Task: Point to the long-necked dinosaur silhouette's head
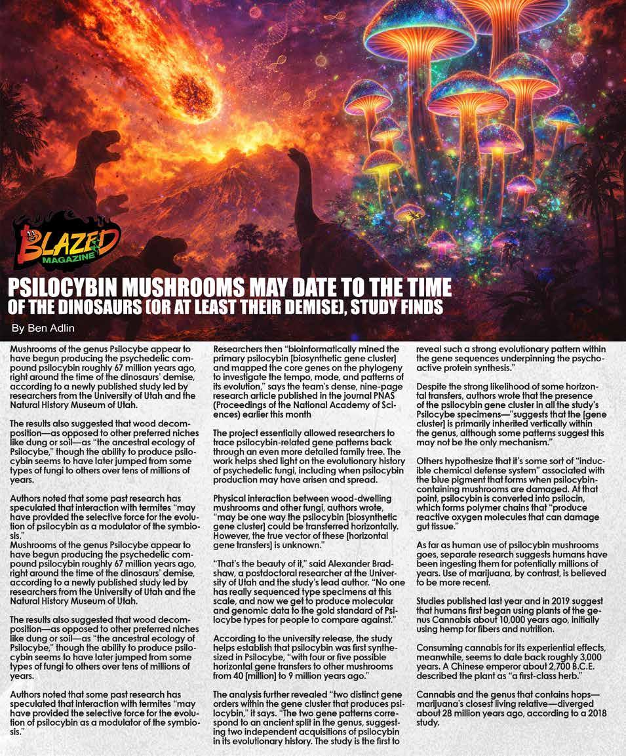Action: click(296, 155)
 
